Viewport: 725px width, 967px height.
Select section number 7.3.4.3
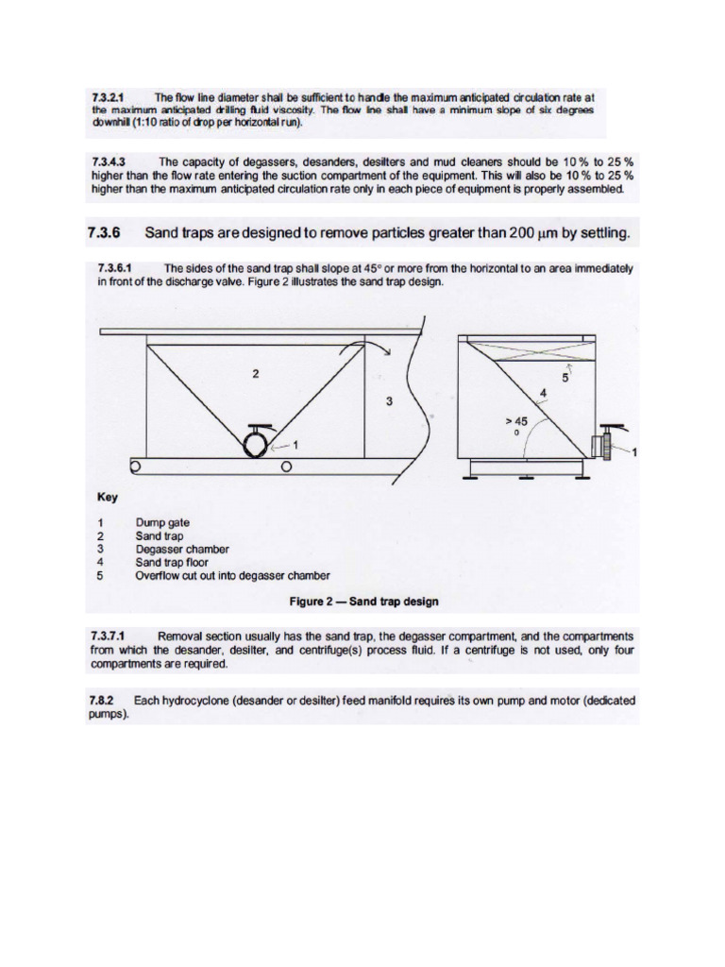coord(111,161)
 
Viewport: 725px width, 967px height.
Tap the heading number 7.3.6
coord(104,232)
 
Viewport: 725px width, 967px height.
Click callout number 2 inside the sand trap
coord(255,373)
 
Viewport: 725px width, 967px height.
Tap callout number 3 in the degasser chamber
coord(388,401)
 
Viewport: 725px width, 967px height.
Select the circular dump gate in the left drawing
coord(256,442)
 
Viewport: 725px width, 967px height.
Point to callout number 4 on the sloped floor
coord(542,392)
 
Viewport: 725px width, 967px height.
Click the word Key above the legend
coord(109,497)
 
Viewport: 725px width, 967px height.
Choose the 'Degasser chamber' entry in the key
coord(182,549)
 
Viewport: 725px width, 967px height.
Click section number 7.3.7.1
coord(113,636)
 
